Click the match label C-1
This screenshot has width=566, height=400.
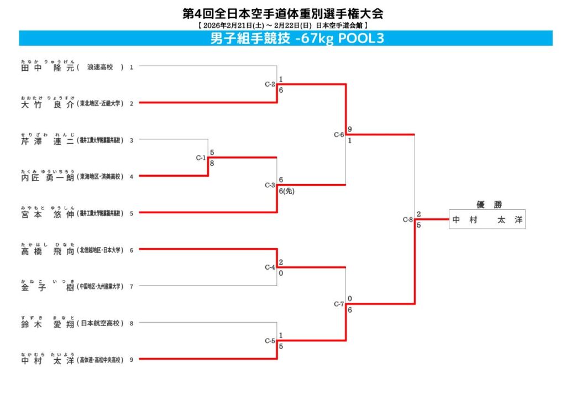[x=201, y=158]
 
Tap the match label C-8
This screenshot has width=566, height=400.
[x=407, y=220]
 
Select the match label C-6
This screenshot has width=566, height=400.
[x=339, y=135]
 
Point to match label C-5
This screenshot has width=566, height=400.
[x=270, y=341]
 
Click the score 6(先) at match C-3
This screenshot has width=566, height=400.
[x=287, y=191]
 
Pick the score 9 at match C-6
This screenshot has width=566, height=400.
[x=350, y=130]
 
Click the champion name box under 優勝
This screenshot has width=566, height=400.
[x=487, y=219]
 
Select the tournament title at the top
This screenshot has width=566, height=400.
[x=282, y=13]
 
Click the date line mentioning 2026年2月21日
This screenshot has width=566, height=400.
[x=282, y=25]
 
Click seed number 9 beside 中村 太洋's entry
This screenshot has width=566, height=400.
[x=132, y=360]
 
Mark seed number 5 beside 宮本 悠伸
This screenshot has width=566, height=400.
[x=132, y=213]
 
